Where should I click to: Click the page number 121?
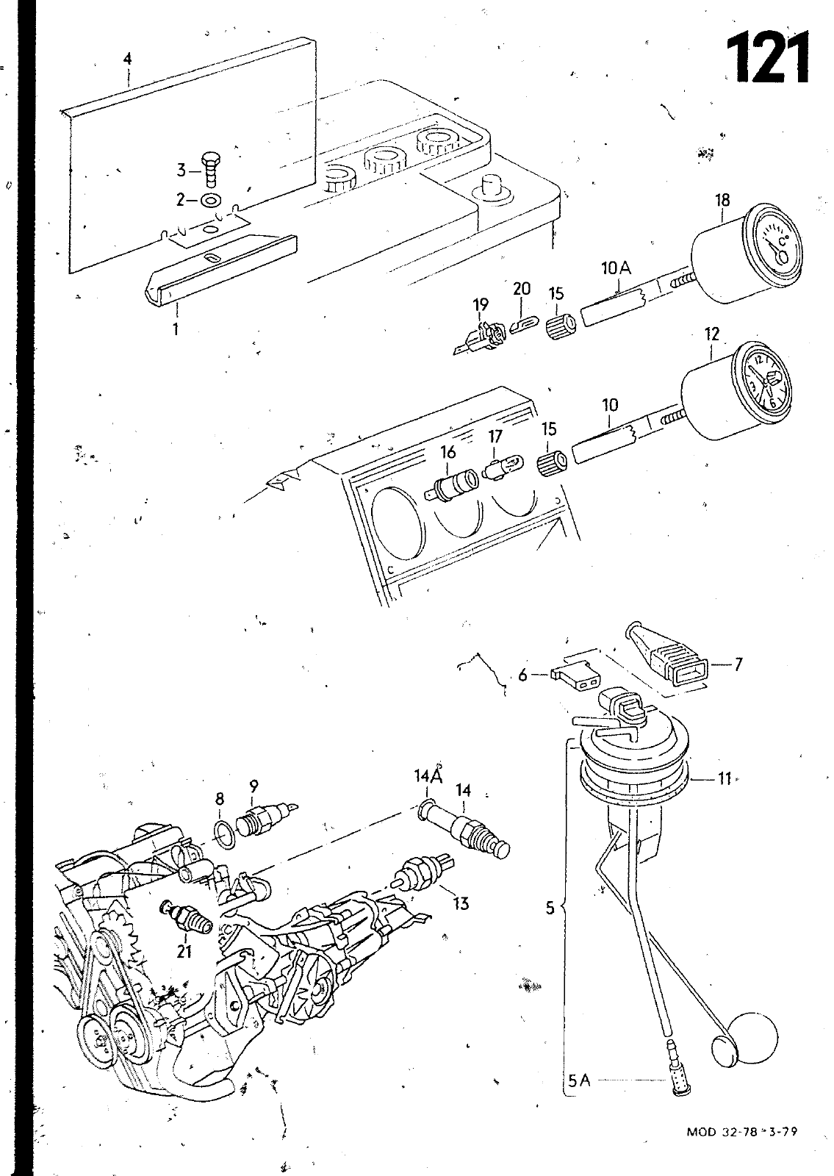point(768,57)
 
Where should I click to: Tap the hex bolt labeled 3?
point(210,168)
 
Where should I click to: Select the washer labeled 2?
point(211,201)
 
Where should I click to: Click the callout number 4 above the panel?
point(128,58)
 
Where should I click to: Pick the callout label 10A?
point(616,269)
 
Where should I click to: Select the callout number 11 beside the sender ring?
point(725,778)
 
